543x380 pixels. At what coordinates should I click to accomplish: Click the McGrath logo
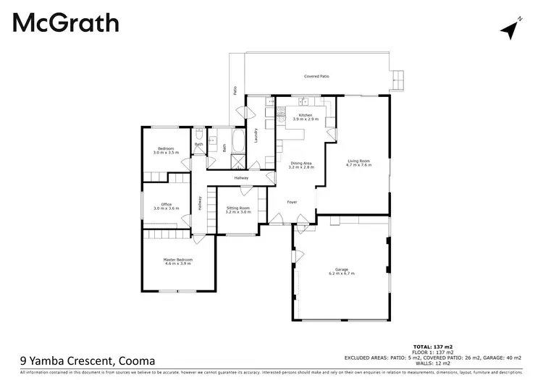click(66, 23)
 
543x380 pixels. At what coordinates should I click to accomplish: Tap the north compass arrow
click(512, 29)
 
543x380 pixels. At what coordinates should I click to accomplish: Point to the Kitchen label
click(306, 115)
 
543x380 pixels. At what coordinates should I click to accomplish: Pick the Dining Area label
click(302, 163)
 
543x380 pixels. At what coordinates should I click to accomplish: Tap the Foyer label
click(292, 202)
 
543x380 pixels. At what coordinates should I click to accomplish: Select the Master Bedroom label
click(178, 259)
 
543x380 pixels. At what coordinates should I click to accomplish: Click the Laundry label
click(256, 135)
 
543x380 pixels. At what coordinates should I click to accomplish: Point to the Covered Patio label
click(316, 76)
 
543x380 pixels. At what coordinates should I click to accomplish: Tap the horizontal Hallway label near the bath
click(241, 177)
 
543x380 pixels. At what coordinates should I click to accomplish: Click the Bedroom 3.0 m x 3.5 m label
click(165, 151)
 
